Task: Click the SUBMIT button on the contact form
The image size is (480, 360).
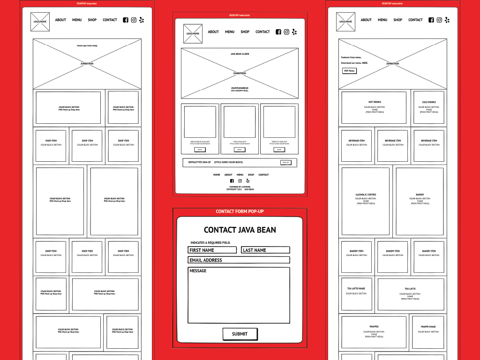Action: [x=240, y=334]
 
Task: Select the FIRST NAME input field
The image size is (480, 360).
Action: [x=212, y=250]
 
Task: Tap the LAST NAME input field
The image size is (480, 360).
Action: [x=265, y=250]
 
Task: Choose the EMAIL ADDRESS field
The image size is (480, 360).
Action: [x=239, y=260]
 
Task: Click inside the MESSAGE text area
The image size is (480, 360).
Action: [x=239, y=295]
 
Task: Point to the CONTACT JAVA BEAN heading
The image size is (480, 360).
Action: [x=240, y=230]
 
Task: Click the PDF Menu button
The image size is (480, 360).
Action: [x=349, y=71]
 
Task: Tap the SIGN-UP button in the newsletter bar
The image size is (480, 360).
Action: [x=285, y=163]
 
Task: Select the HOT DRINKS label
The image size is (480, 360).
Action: [x=375, y=102]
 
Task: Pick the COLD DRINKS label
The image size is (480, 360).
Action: [x=428, y=102]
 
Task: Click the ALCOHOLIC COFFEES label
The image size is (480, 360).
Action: [x=366, y=195]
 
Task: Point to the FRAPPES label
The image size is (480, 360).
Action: [x=374, y=327]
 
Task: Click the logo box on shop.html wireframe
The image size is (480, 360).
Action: [x=40, y=22]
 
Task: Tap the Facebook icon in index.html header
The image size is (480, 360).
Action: [x=278, y=32]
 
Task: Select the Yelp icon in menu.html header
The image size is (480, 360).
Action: [x=447, y=20]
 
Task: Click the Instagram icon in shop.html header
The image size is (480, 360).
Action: [x=134, y=20]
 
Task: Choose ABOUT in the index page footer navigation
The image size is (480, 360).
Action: [x=228, y=175]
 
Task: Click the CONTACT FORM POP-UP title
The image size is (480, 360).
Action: [x=240, y=211]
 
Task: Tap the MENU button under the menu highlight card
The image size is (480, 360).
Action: [x=240, y=150]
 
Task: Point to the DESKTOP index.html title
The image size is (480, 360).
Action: [x=240, y=15]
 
